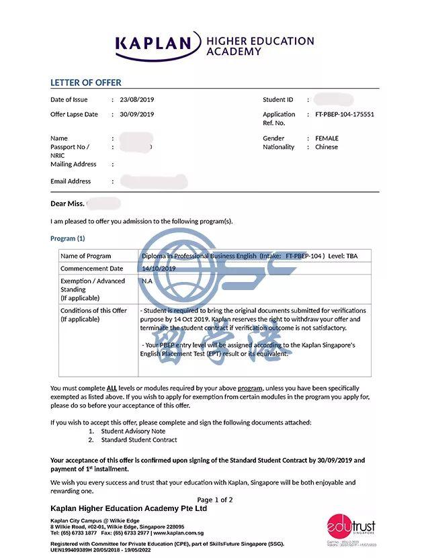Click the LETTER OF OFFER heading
point(86,83)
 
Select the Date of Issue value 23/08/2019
point(136,99)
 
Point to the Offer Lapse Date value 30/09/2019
point(136,114)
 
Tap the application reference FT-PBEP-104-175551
point(345,114)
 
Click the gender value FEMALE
point(327,138)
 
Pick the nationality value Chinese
point(327,147)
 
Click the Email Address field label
point(71,181)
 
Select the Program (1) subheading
point(68,238)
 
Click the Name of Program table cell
point(86,256)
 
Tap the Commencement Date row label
point(92,269)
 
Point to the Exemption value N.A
point(146,281)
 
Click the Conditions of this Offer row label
point(93,311)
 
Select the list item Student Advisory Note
point(133,431)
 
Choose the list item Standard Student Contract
point(139,440)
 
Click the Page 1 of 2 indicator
point(215,500)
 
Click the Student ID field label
point(278,99)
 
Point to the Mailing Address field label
point(73,164)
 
